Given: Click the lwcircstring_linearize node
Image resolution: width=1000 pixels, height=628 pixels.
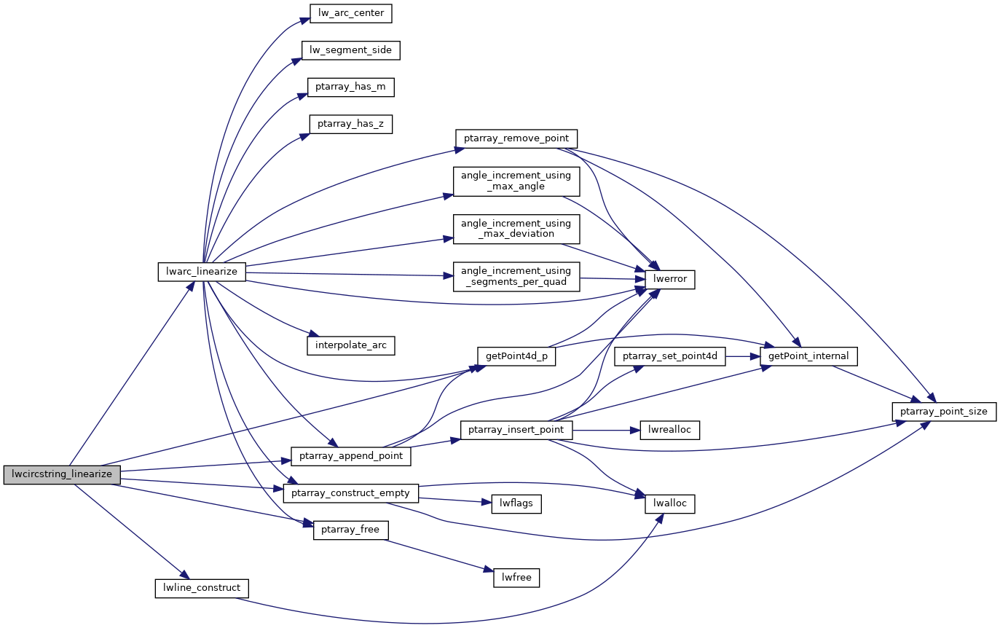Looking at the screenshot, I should coord(62,474).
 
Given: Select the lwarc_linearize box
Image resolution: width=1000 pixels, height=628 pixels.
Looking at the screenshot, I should coord(202,272).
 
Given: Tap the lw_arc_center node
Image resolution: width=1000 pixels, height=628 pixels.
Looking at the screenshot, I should coord(347,12).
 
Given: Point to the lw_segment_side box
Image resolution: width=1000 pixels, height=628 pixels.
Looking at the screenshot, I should coord(351,50).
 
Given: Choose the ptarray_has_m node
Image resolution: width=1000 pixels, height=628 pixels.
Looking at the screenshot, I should coord(351,87).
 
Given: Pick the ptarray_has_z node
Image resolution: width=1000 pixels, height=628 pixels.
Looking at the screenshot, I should coord(351,124).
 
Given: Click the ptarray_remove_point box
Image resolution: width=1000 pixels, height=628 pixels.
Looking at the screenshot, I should coord(516,138).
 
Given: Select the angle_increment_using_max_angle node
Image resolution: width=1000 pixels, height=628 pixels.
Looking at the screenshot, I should coord(516,181).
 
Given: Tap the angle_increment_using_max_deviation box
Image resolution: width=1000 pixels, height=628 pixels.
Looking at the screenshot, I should coord(516,228).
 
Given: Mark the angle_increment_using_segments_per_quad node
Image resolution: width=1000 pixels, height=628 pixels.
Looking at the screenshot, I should coord(516,276).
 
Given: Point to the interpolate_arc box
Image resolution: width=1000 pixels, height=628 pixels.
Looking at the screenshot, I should coord(351,344).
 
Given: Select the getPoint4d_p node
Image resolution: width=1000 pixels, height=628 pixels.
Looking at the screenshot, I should coord(516,356).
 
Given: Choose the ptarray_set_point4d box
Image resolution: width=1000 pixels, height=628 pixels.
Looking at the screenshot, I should coord(670,356).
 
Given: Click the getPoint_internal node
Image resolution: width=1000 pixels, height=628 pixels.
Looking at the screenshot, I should coord(808,356).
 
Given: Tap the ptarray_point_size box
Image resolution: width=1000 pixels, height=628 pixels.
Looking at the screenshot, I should coord(944,412).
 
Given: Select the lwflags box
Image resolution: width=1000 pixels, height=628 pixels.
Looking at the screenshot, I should coord(516,503).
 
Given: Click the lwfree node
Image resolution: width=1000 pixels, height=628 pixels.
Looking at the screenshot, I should coord(516,578).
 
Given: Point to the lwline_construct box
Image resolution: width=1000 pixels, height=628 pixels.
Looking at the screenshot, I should coord(202,588).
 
